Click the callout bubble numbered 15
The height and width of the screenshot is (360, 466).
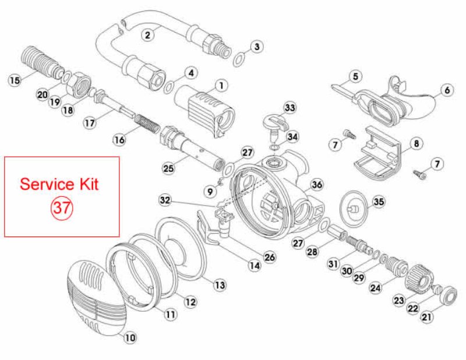15,80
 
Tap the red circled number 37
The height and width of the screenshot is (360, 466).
62,207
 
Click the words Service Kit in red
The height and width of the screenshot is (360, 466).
59,184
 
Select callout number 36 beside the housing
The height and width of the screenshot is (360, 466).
317,185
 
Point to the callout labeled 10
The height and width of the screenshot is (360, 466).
130,338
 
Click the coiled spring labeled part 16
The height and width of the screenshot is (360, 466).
147,124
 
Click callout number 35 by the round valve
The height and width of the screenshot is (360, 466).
379,202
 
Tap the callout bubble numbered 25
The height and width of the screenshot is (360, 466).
168,168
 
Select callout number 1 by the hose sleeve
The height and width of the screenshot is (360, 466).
221,86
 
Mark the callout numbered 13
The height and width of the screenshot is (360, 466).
220,285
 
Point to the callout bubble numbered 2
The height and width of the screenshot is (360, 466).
147,35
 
